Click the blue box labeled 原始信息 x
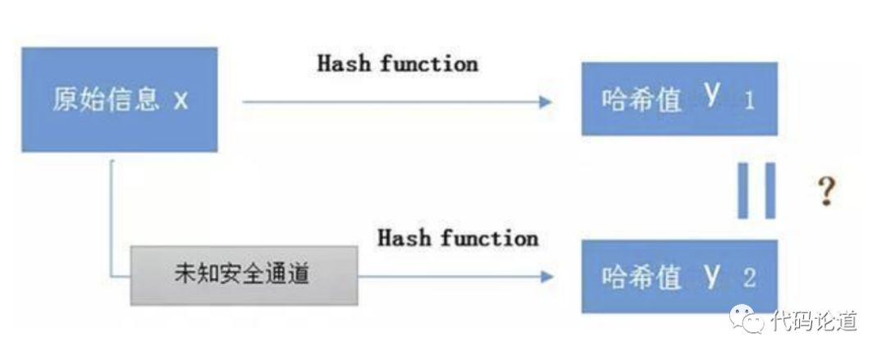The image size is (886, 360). pos(120,99)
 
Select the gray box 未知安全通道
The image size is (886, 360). pos(244,276)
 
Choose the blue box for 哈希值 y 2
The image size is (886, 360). pos(678,276)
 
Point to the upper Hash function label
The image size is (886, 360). pos(397,64)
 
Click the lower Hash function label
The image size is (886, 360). pos(458,239)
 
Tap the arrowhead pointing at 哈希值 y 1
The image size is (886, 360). pos(545,102)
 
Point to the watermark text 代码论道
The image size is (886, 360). pos(814,321)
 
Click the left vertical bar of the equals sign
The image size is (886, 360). pos(744,190)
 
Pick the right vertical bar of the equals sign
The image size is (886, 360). pos(769,190)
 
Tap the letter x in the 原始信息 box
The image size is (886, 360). pos(181,101)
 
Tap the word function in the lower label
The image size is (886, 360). pos(489,239)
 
